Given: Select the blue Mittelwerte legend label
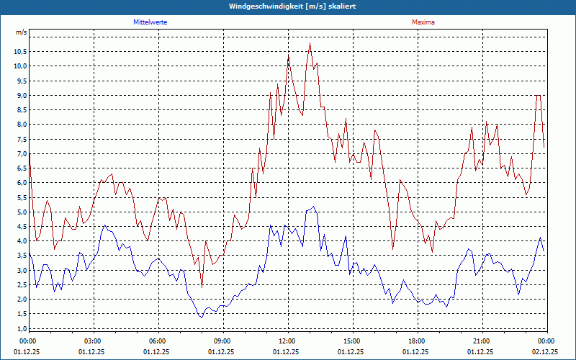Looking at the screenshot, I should pos(150,22).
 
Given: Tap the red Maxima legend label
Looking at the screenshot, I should pos(423,22).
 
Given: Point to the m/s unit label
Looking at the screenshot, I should pos(21,32).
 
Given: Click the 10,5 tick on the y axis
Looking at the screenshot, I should pos(19,51).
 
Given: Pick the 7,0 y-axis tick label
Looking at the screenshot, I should pos(21,153).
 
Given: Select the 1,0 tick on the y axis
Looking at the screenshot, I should pos(21,328).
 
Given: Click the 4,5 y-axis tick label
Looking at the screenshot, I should pos(21,226).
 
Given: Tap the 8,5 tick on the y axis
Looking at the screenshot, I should pos(21,109).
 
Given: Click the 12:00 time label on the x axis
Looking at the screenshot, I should pos(287,341).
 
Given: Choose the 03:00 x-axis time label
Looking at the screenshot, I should pos(93,341).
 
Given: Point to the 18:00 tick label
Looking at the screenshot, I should pos(416,341).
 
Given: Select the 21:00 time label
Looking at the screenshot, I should pos(481,341).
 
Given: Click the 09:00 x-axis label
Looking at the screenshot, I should pos(222,341).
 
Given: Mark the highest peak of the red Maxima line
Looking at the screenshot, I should pos(310,43).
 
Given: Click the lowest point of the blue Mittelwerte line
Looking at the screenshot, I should pos(201,317).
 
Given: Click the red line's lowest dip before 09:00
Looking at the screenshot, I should pos(202,287).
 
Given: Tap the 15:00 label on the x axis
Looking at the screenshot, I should pos(351,341).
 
